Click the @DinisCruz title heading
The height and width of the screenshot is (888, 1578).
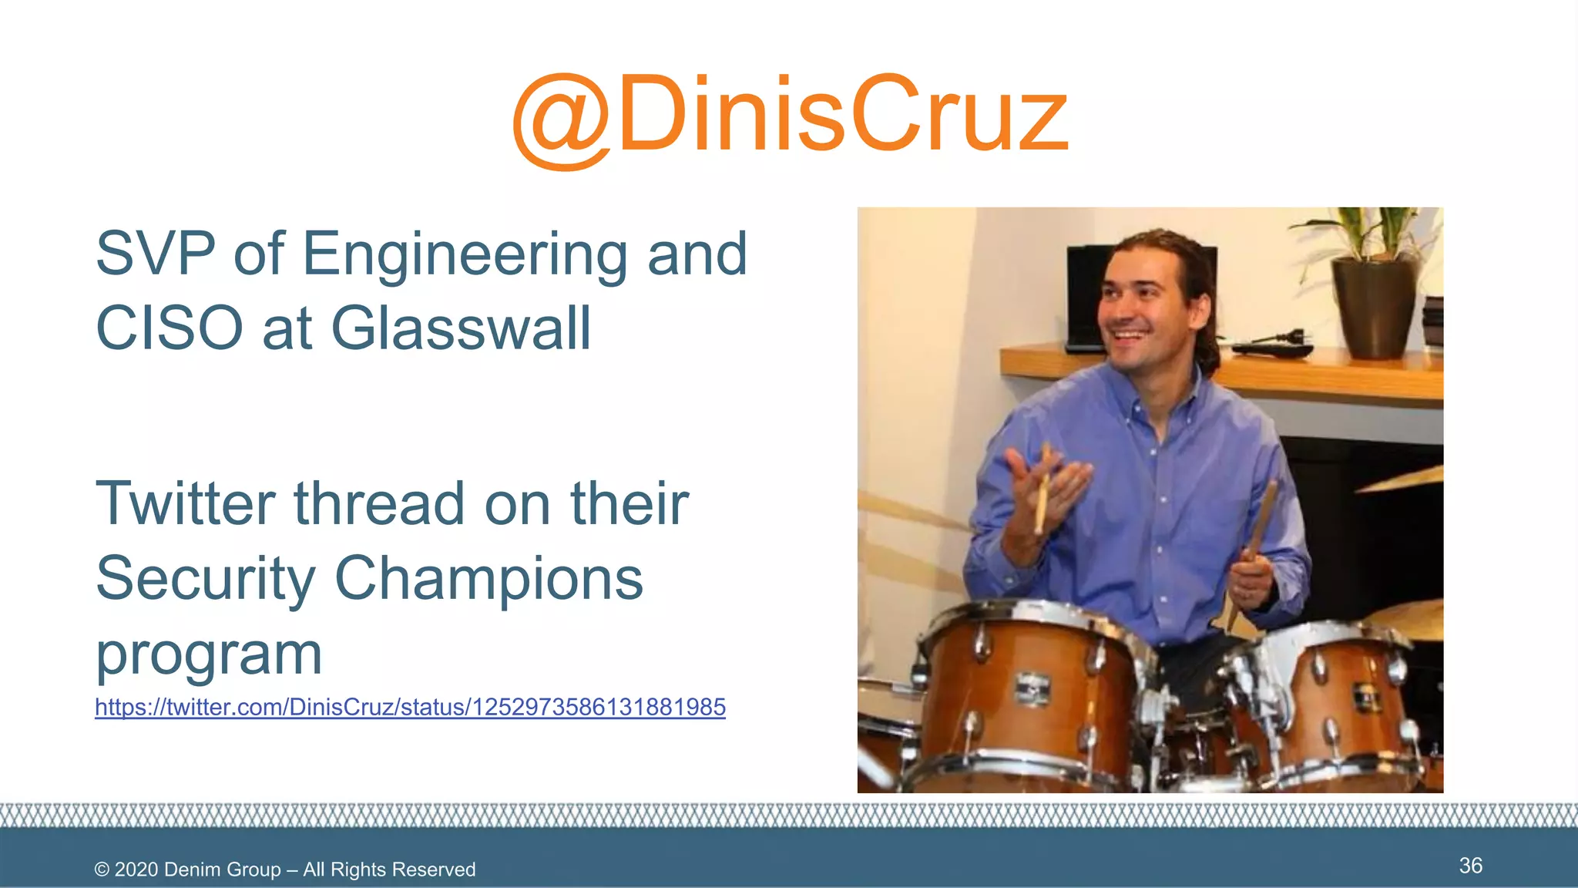click(790, 116)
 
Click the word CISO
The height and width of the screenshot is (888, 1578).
click(170, 328)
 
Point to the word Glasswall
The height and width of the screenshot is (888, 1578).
click(461, 328)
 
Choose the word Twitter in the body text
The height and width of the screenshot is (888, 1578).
click(185, 503)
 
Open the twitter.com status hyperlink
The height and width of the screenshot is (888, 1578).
click(410, 707)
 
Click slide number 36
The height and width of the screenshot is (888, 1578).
click(1470, 866)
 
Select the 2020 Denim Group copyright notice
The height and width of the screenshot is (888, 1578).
click(285, 869)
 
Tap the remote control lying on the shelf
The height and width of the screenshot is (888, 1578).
click(1271, 349)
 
